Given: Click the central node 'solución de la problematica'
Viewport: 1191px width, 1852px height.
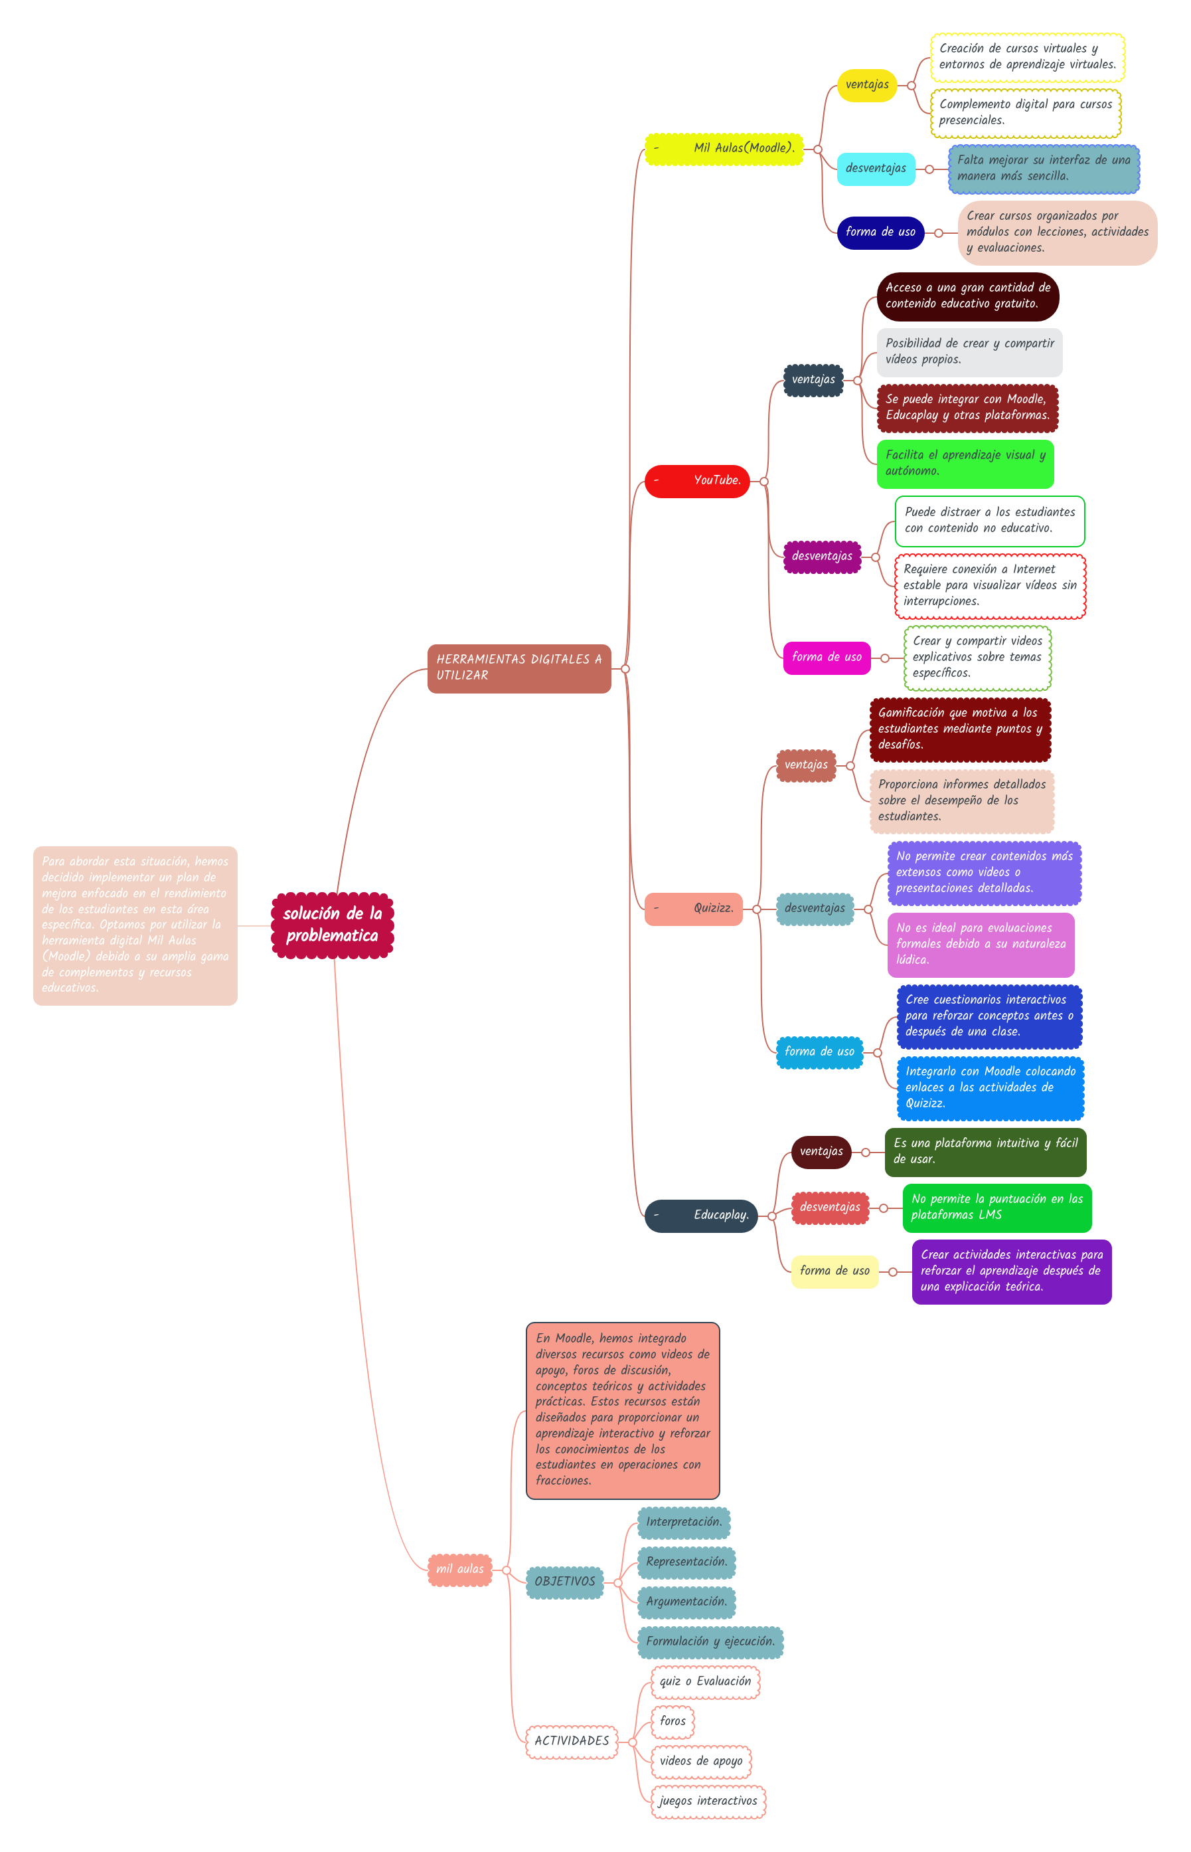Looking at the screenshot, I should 333,925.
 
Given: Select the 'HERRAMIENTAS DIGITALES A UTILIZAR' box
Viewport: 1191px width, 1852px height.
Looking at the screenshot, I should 519,668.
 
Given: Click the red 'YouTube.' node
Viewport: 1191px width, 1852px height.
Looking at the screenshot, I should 697,480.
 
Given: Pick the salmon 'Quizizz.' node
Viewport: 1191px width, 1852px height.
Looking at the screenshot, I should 693,908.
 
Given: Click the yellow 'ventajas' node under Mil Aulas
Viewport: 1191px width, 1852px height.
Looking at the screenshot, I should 866,85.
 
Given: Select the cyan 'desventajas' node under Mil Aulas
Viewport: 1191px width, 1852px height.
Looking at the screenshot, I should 876,169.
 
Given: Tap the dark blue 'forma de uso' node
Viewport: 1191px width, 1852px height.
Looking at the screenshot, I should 880,232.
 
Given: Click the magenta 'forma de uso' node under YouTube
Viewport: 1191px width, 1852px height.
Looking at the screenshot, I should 826,657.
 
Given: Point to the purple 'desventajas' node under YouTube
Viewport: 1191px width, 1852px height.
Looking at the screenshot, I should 821,556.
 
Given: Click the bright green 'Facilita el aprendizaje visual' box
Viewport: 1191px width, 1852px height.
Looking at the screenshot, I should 965,464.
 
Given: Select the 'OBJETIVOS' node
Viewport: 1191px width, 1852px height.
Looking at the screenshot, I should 564,1581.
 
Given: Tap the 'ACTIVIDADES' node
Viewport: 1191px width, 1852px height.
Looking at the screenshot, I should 572,1740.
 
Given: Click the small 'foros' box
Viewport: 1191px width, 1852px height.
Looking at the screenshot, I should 672,1720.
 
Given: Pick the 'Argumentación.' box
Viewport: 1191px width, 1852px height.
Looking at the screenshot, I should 686,1602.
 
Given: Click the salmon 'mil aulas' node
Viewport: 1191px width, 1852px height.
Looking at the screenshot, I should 459,1569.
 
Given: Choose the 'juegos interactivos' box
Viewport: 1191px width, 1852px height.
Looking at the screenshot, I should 708,1800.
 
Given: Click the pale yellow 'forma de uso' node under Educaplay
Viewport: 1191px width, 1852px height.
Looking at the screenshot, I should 834,1270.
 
